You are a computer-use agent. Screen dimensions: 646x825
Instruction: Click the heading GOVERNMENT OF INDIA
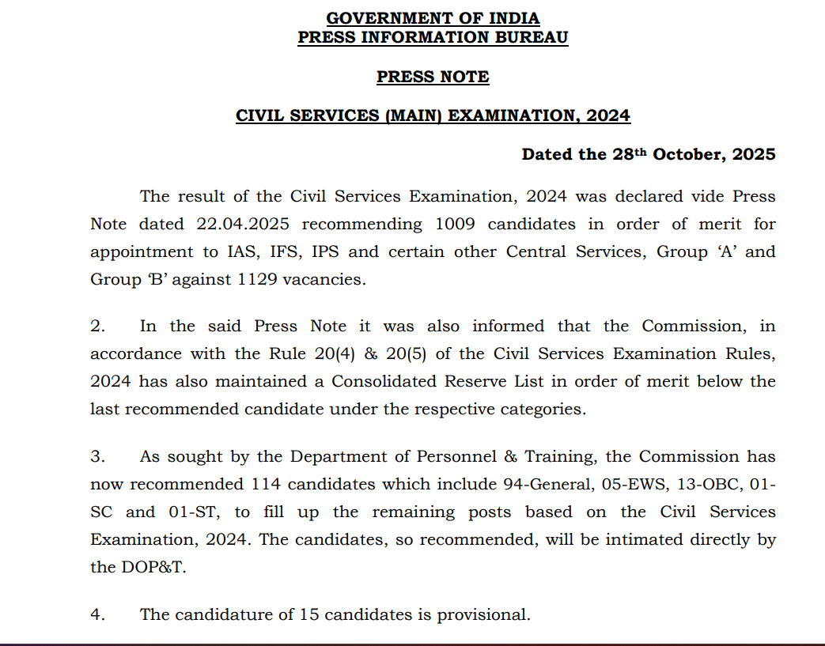point(433,18)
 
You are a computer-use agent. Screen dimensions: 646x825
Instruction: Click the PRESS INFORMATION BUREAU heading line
point(433,37)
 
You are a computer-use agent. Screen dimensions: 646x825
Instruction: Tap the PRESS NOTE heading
point(433,77)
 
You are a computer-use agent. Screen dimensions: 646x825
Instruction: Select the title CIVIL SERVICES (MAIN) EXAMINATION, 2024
point(433,115)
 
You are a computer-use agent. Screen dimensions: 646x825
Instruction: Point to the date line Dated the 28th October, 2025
point(648,154)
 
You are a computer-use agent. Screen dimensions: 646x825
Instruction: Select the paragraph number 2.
point(97,326)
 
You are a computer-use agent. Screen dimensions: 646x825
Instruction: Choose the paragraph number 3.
point(97,456)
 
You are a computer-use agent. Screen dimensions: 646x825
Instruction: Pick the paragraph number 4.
point(97,614)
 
